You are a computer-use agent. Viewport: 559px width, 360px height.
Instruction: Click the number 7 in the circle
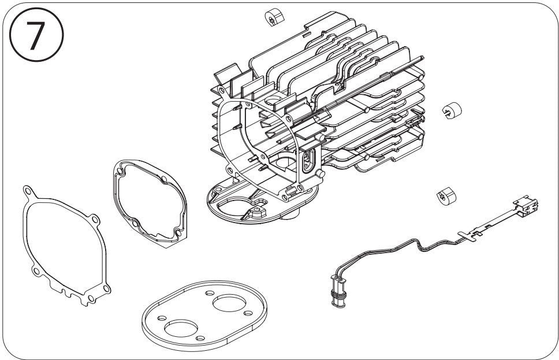(x=36, y=35)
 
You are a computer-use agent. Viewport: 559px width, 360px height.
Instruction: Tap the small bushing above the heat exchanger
(x=274, y=16)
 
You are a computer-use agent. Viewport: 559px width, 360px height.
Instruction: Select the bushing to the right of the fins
(x=452, y=110)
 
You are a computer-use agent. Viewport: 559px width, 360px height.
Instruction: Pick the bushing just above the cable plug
(x=446, y=196)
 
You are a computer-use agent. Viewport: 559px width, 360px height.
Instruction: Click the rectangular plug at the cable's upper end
(x=526, y=206)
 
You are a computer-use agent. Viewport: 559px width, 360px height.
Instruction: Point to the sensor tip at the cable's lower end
(x=338, y=291)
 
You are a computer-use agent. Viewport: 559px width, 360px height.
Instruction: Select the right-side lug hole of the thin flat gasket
(x=95, y=219)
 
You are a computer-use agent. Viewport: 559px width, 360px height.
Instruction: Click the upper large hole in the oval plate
(x=229, y=303)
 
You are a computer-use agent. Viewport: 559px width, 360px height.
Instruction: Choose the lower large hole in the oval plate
(x=181, y=328)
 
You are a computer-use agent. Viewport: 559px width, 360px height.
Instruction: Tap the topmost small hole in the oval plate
(x=210, y=294)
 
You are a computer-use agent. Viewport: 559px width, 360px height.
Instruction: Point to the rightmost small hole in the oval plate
(x=248, y=313)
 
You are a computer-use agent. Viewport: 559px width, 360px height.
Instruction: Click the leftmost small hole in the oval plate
(x=162, y=318)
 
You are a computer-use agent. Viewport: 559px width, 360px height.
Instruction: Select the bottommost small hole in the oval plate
(x=200, y=338)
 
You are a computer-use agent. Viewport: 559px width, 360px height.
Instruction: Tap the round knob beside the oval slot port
(x=320, y=174)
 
